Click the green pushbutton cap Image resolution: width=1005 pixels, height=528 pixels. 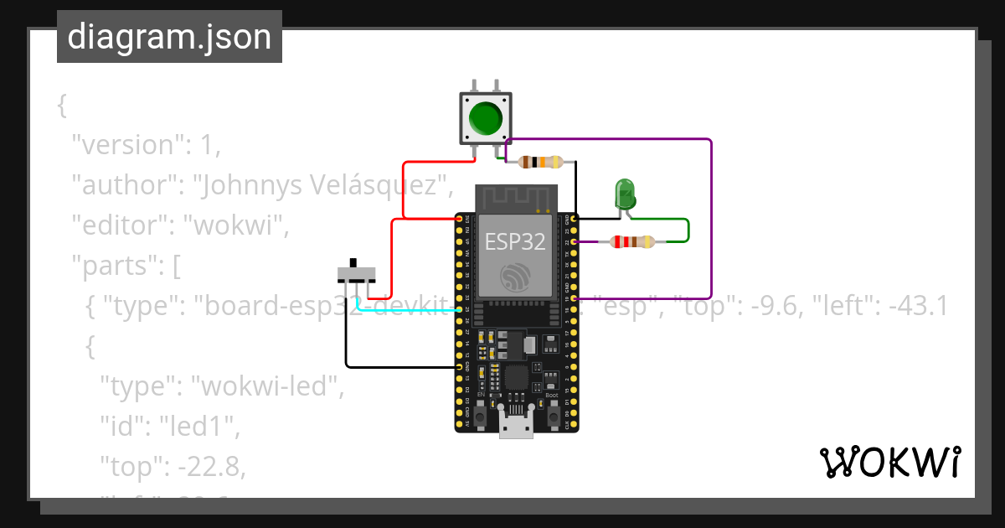[x=485, y=118]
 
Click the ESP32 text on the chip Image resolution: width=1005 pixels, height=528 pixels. [x=515, y=242]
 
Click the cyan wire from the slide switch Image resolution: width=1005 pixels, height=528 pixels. [x=402, y=308]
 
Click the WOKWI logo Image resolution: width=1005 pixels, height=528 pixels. [x=889, y=463]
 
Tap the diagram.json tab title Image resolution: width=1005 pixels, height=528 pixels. [x=169, y=37]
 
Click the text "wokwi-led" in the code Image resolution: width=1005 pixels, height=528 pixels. [x=268, y=387]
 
